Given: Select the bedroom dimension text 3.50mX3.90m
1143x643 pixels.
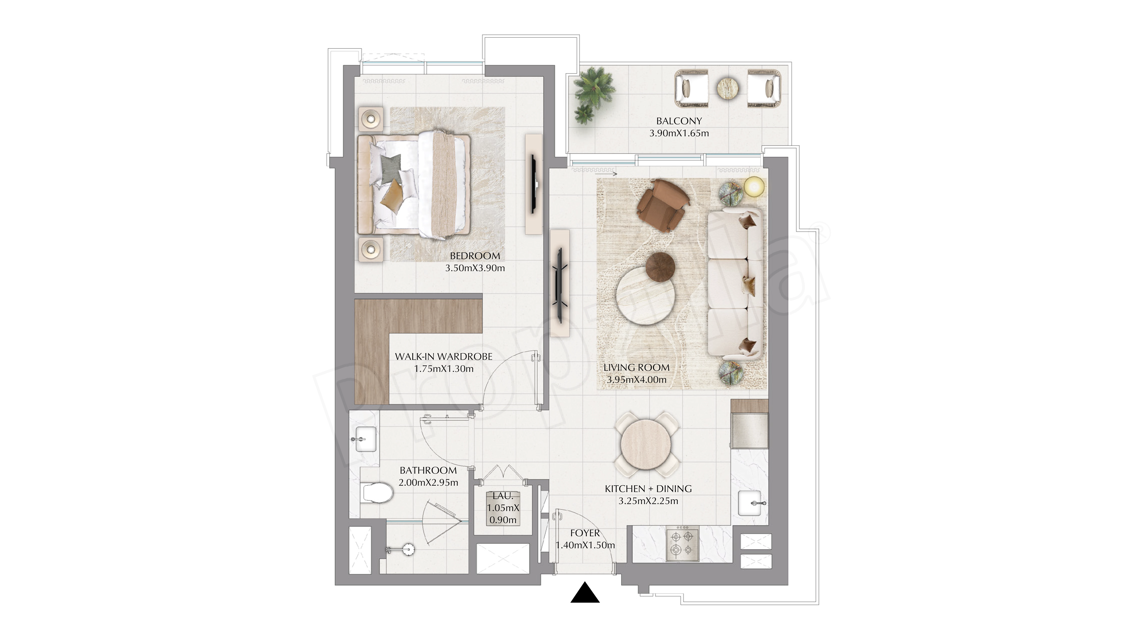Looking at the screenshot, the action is (x=475, y=268).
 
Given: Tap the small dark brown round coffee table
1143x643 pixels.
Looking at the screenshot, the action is (x=660, y=267).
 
